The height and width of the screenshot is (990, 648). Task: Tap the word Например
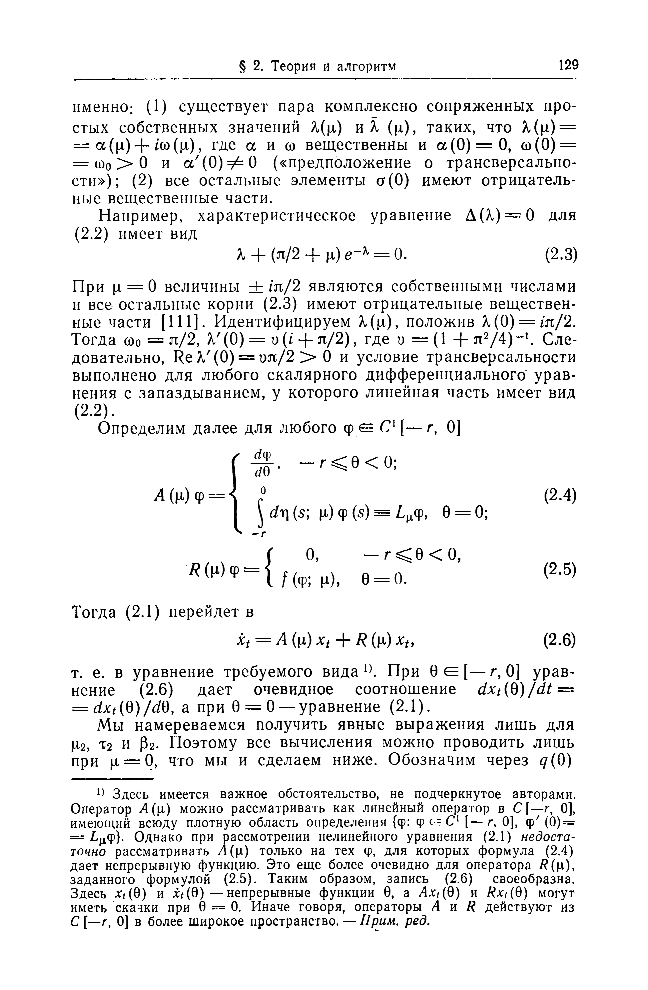(x=139, y=216)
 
